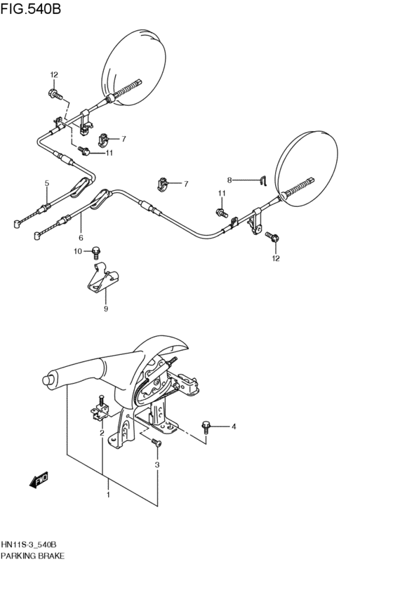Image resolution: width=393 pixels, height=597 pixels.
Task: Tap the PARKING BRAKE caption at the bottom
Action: click(x=33, y=556)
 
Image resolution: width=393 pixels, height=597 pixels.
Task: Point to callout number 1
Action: click(x=108, y=495)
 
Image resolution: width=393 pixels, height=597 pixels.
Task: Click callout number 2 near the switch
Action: click(x=102, y=433)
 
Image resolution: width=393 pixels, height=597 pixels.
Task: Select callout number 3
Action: click(x=157, y=464)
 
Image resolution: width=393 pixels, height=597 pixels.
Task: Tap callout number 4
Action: click(x=234, y=427)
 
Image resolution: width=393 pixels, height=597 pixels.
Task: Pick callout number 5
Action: click(x=46, y=183)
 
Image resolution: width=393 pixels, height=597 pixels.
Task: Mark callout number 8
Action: click(x=228, y=180)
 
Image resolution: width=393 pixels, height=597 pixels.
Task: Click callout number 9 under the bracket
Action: click(x=106, y=307)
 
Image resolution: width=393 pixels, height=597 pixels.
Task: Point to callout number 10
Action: click(x=79, y=250)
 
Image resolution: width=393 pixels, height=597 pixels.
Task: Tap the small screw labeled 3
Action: click(x=156, y=442)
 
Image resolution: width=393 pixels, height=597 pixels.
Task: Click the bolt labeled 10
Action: click(x=97, y=250)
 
